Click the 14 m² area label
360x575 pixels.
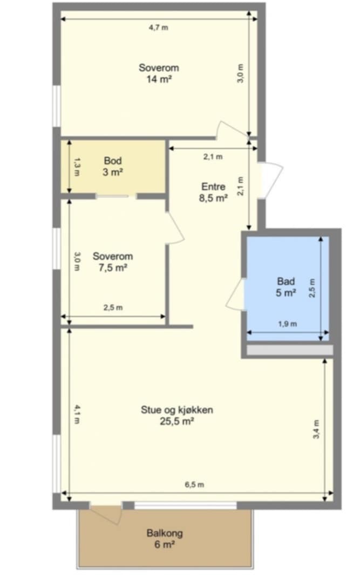(x=159, y=79)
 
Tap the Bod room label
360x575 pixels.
(x=113, y=160)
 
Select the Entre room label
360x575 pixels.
(x=213, y=186)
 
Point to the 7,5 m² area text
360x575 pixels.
(x=113, y=268)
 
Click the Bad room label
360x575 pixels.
(x=286, y=281)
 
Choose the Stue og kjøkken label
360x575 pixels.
(x=177, y=409)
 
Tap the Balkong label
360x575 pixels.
(x=165, y=533)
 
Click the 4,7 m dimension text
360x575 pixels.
(x=159, y=28)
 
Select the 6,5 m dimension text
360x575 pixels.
(x=194, y=484)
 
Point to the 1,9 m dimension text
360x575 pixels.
(x=287, y=324)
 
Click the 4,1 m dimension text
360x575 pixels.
(x=77, y=414)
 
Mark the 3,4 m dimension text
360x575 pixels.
(x=316, y=429)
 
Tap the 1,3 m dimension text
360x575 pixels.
(x=77, y=167)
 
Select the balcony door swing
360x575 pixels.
(x=107, y=515)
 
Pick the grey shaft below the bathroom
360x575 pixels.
(x=289, y=350)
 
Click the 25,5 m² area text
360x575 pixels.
(x=177, y=421)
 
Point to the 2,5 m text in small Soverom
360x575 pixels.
(x=113, y=307)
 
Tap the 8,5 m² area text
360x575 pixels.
(x=213, y=198)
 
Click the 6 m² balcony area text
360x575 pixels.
(x=165, y=545)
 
